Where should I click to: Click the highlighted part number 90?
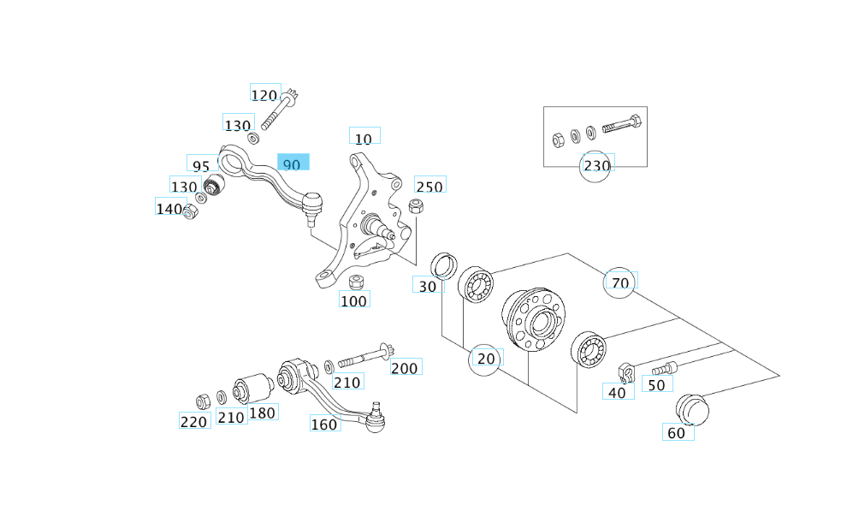point(293,163)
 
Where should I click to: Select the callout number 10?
point(364,137)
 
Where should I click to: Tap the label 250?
point(429,186)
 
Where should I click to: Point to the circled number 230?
point(596,165)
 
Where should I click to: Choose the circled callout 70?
point(620,282)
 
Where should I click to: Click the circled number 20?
point(486,358)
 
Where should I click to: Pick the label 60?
point(677,432)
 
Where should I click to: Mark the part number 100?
point(353,300)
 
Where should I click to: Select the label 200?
point(406,368)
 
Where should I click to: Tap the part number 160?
point(325,423)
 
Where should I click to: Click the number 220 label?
point(194,421)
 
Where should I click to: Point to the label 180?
point(263,413)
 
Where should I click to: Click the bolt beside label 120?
point(276,110)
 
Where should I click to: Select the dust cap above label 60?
point(692,409)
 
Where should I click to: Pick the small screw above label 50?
point(664,368)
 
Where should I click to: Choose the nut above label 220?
point(203,400)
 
